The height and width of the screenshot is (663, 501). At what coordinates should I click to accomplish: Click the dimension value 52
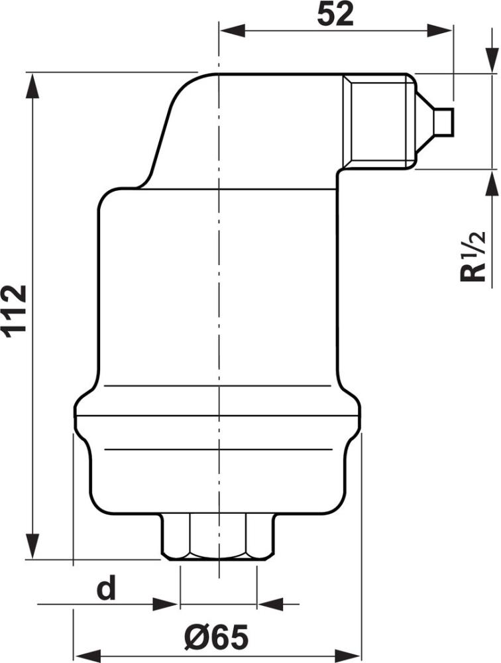pos(335,15)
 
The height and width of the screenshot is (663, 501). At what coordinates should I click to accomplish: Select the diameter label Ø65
pos(217,638)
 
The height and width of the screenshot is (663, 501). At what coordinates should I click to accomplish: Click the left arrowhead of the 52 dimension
pos(231,31)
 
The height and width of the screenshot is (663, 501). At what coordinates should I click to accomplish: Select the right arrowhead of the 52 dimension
pos(439,31)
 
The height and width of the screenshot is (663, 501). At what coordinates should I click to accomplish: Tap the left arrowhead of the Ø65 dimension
pos(86,651)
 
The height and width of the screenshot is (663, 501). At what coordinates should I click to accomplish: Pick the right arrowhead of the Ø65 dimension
pos(349,651)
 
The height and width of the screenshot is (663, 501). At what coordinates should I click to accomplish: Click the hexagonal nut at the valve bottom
pos(217,538)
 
